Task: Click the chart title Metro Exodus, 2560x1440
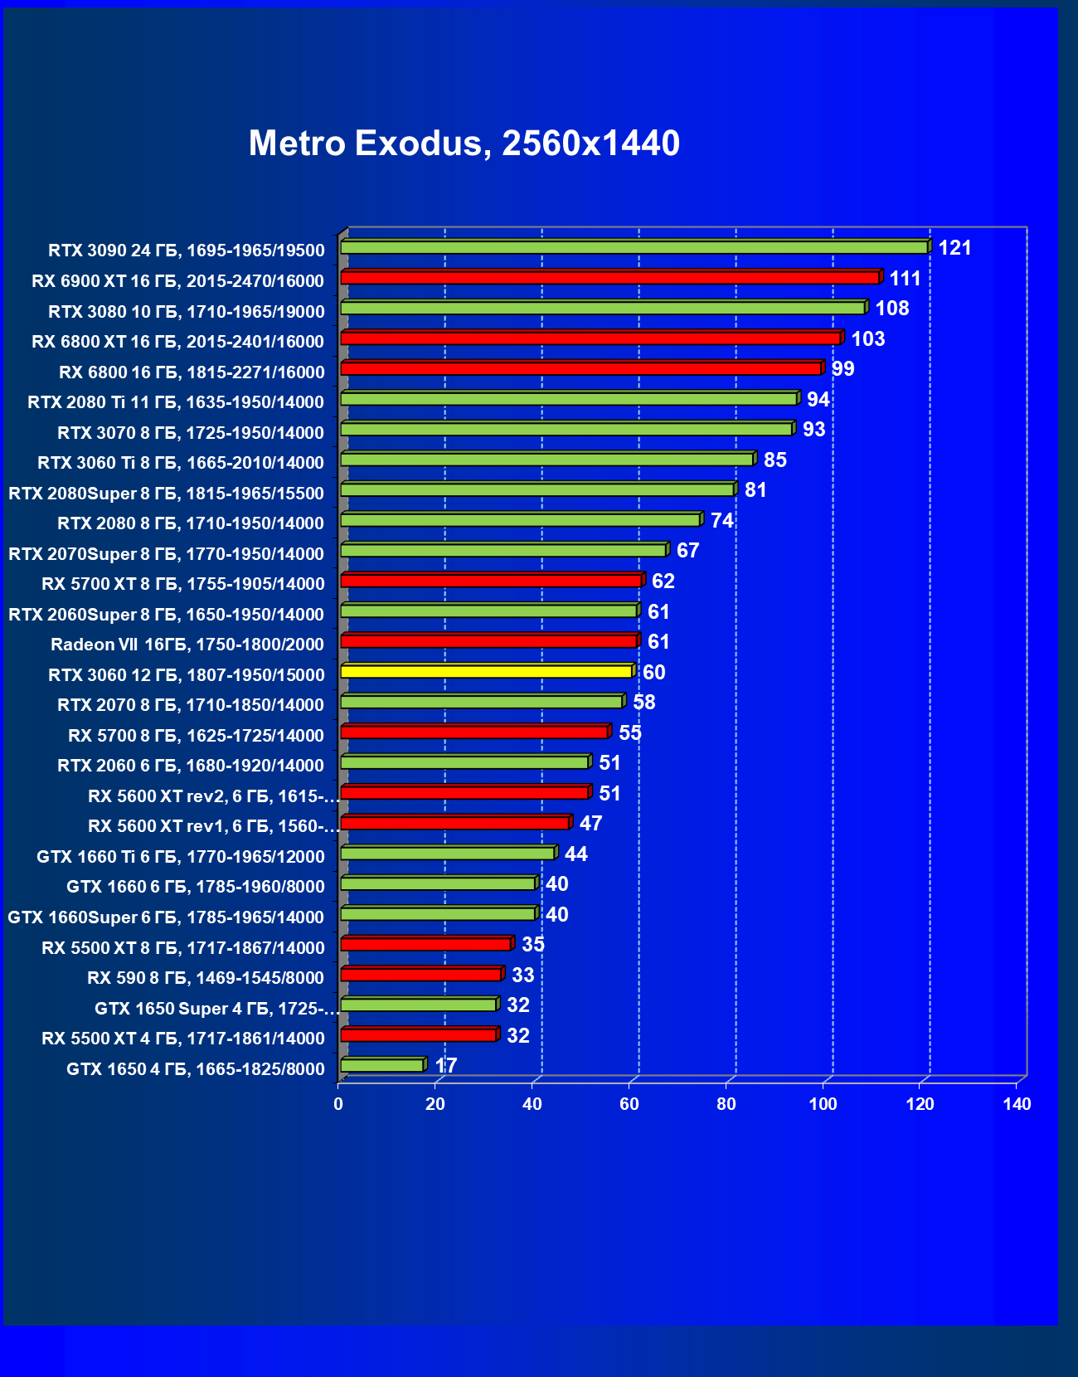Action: (x=464, y=144)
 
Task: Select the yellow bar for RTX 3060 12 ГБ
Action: (x=487, y=671)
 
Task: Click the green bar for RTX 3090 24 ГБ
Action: (x=634, y=247)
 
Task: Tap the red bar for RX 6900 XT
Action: (x=610, y=277)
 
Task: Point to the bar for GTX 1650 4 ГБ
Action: (x=382, y=1065)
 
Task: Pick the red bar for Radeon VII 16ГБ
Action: (x=488, y=640)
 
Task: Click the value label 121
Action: (x=954, y=248)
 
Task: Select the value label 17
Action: (x=446, y=1066)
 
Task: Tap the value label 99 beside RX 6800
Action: (x=842, y=369)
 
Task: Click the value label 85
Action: (x=775, y=460)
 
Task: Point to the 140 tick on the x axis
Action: (x=1017, y=1104)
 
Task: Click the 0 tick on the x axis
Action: (x=338, y=1104)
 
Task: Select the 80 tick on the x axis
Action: (x=726, y=1104)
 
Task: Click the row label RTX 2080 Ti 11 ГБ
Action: (x=176, y=402)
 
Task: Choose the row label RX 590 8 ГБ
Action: (x=206, y=978)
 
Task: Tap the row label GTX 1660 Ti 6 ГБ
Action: (x=181, y=857)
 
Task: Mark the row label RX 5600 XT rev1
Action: (x=213, y=826)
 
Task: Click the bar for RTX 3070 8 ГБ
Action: (x=567, y=429)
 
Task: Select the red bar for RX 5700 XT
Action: (x=492, y=580)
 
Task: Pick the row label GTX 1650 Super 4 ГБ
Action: (x=216, y=1009)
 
